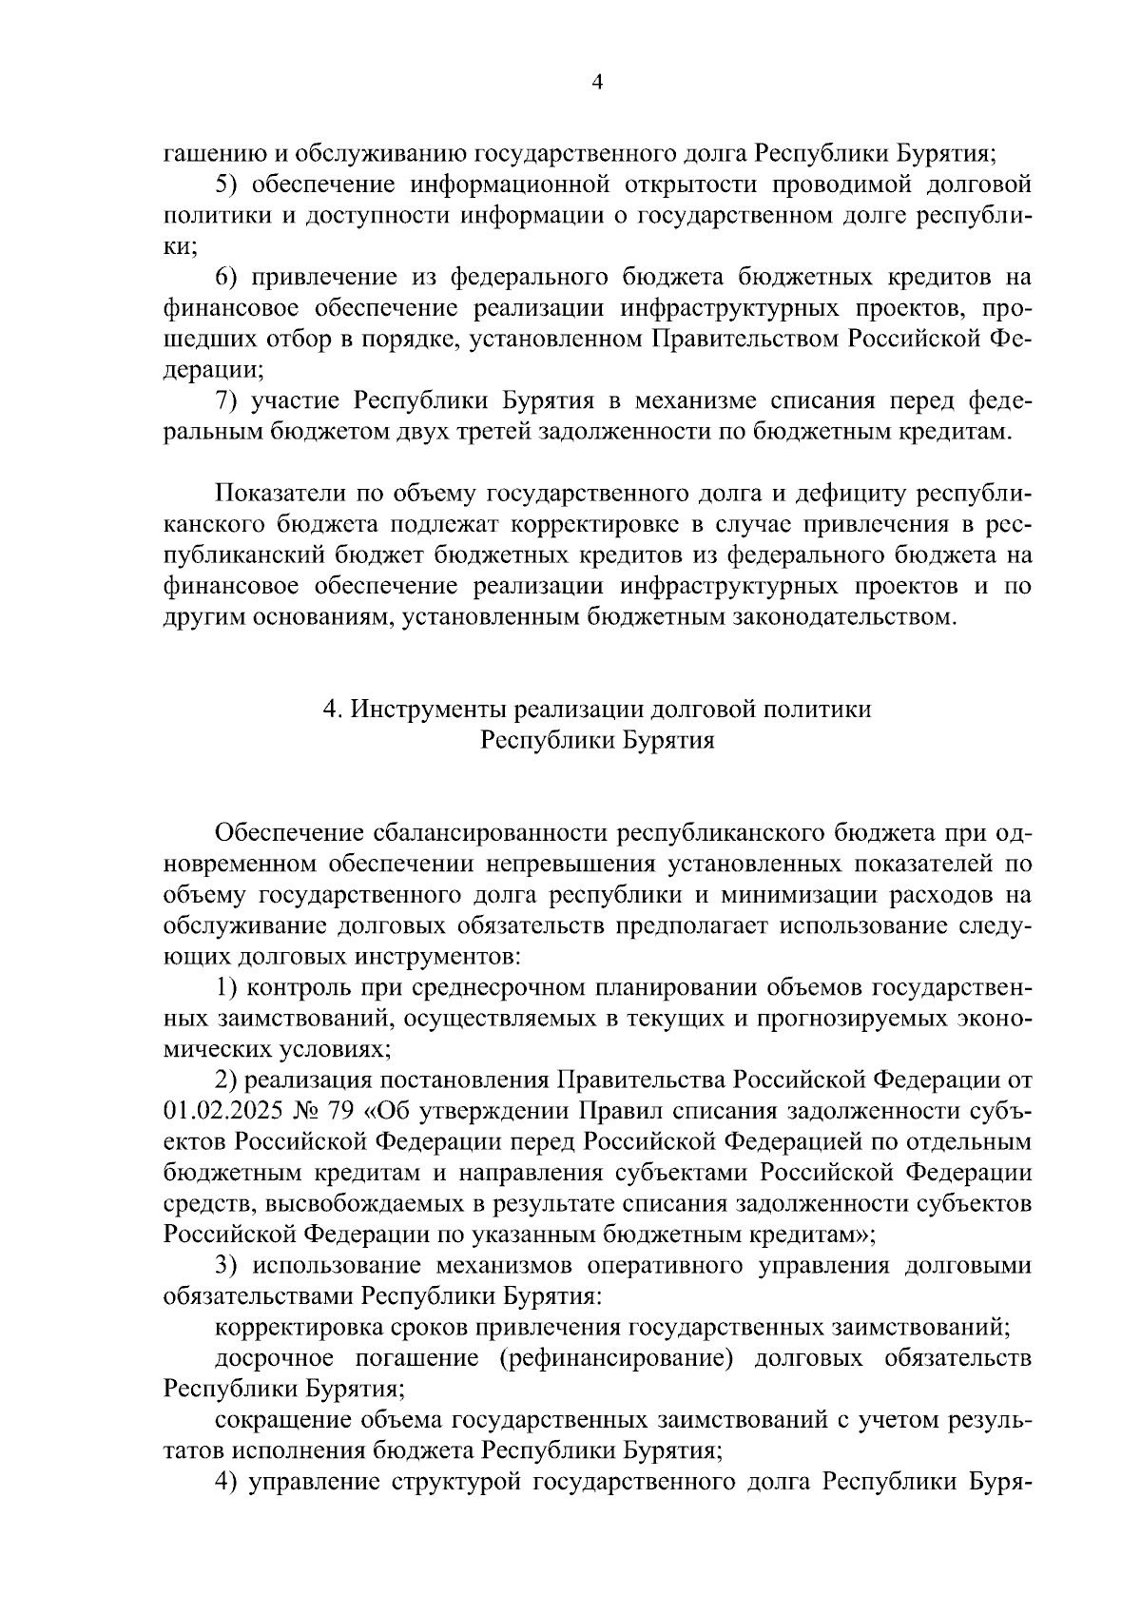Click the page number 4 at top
point(596,84)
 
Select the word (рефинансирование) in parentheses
point(615,1357)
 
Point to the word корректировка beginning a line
point(289,1326)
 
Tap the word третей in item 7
point(492,432)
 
